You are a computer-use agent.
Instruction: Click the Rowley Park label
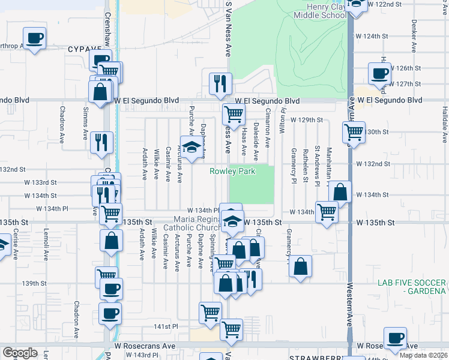pyautogui.click(x=241, y=172)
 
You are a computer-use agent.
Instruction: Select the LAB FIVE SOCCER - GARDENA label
pyautogui.click(x=412, y=287)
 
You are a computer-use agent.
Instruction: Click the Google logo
pyautogui.click(x=20, y=353)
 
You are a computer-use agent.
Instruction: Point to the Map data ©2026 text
pyautogui.click(x=424, y=355)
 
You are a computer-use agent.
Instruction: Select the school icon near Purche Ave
pyautogui.click(x=191, y=148)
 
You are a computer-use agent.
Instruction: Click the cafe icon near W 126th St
pyautogui.click(x=379, y=73)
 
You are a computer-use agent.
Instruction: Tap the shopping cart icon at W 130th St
pyautogui.click(x=354, y=131)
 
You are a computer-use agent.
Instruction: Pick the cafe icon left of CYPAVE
pyautogui.click(x=34, y=38)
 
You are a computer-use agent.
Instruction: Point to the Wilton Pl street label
pyautogui.click(x=282, y=118)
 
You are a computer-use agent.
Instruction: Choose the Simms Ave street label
pyautogui.click(x=86, y=121)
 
